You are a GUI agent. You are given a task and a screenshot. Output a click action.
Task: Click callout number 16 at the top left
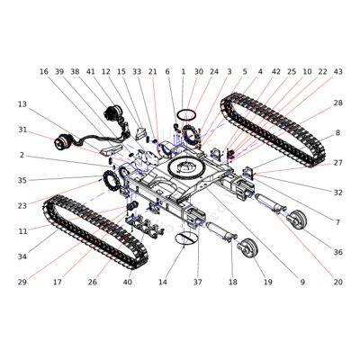(x=43, y=71)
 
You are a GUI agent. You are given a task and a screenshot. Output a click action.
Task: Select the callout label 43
(x=337, y=71)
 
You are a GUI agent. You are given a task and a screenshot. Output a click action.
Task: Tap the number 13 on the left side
(x=22, y=104)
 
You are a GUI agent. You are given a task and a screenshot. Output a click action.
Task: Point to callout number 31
(x=22, y=130)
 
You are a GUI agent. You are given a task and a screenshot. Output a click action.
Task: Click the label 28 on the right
(x=337, y=103)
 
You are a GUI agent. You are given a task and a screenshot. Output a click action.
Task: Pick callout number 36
(x=337, y=252)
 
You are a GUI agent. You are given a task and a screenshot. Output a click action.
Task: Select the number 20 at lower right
(x=337, y=282)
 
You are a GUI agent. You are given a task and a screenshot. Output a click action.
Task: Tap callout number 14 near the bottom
(x=163, y=282)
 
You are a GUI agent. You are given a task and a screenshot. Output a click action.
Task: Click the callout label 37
(x=197, y=282)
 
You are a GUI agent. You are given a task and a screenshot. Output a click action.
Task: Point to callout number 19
(x=268, y=282)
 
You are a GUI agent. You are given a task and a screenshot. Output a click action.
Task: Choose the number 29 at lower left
(x=22, y=282)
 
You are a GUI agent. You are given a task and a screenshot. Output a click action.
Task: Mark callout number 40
(x=127, y=282)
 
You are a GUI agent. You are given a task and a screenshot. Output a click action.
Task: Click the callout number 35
(x=22, y=180)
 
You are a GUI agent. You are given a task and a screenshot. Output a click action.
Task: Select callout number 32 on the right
(x=337, y=192)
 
